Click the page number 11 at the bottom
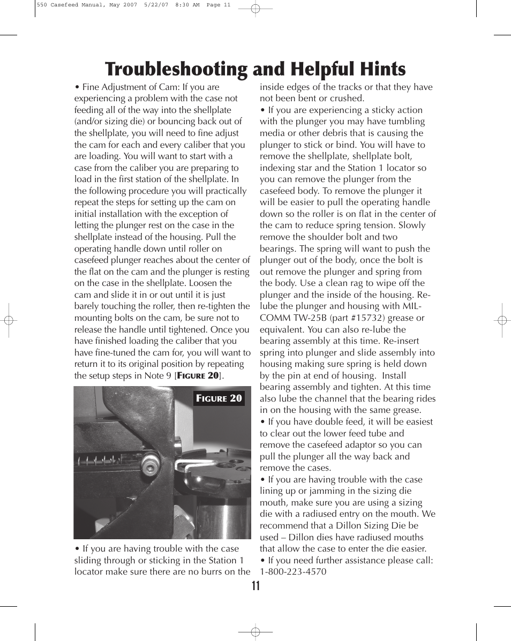tap(255, 585)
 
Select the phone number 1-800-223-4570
tap(293, 571)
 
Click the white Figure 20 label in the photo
tap(219, 398)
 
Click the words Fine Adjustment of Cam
tap(131, 87)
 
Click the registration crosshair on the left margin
tap(8, 320)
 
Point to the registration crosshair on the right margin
tap(502, 320)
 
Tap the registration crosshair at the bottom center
tap(255, 632)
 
